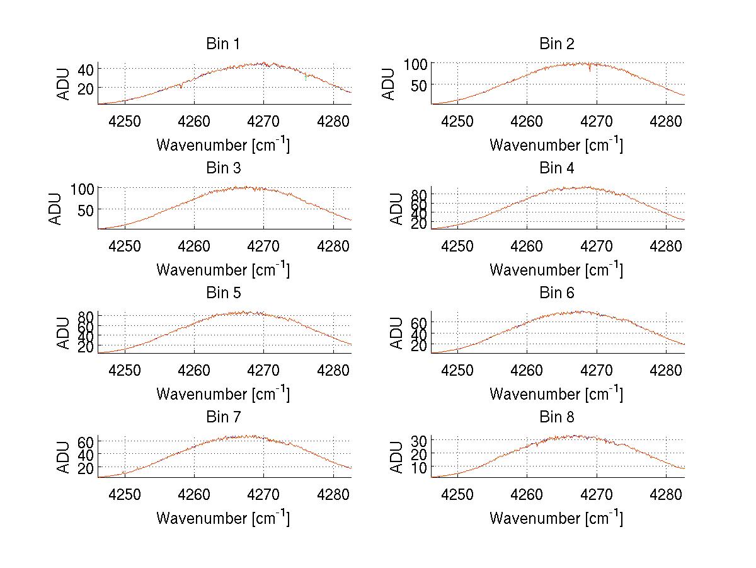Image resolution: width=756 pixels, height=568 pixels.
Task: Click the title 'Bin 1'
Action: click(223, 44)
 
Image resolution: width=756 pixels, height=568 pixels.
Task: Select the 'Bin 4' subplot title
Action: click(557, 168)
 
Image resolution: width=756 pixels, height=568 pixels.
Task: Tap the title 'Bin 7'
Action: click(223, 417)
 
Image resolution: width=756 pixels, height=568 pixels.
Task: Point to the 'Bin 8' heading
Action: click(557, 417)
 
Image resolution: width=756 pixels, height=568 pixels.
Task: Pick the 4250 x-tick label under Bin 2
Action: click(457, 120)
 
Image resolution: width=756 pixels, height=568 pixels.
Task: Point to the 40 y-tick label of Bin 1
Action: click(86, 69)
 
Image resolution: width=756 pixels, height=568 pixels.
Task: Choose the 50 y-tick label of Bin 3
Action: click(86, 209)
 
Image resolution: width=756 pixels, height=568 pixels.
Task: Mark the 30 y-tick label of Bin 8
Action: click(420, 439)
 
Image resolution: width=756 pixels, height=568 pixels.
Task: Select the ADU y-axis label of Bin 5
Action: click(64, 333)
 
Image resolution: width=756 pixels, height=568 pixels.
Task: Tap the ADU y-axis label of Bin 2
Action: click(389, 84)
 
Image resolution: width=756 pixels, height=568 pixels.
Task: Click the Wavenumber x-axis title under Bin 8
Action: click(556, 518)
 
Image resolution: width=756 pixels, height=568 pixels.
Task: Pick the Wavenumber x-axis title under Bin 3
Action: click(223, 269)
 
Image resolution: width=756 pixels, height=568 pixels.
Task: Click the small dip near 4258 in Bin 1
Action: click(181, 87)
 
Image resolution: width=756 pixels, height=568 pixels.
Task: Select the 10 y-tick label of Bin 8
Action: click(420, 467)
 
